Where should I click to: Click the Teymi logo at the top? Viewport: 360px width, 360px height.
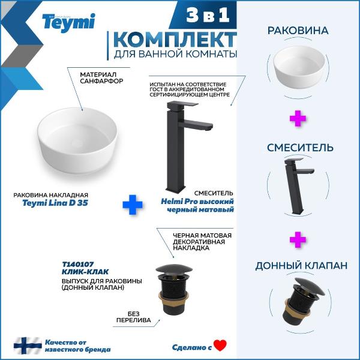pyautogui.click(x=68, y=23)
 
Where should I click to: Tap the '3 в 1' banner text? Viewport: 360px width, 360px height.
pyautogui.click(x=208, y=15)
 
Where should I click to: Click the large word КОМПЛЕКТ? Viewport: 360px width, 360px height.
pyautogui.click(x=175, y=40)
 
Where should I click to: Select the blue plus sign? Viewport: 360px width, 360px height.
pyautogui.click(x=133, y=205)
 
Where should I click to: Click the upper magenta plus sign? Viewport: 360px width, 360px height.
pyautogui.click(x=298, y=118)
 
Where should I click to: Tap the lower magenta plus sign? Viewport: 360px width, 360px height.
pyautogui.click(x=298, y=239)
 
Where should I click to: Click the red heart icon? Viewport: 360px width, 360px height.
pyautogui.click(x=220, y=346)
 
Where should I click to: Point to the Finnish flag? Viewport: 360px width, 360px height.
pyautogui.click(x=28, y=346)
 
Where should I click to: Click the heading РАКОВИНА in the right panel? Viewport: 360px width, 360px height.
pyautogui.click(x=298, y=31)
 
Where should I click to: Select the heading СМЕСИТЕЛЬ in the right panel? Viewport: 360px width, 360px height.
pyautogui.click(x=300, y=148)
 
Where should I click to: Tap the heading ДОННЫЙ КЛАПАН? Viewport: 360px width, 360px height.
pyautogui.click(x=301, y=266)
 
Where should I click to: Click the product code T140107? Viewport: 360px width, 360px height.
pyautogui.click(x=78, y=265)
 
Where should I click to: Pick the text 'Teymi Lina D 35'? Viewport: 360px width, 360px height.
pyautogui.click(x=55, y=203)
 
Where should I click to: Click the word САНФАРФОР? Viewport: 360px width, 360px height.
pyautogui.click(x=101, y=81)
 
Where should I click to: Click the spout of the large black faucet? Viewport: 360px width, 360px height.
pyautogui.click(x=197, y=125)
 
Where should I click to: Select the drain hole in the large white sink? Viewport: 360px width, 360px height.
pyautogui.click(x=77, y=143)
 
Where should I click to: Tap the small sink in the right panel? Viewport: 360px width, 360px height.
pyautogui.click(x=299, y=67)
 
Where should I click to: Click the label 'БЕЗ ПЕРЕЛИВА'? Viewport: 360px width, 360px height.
pyautogui.click(x=134, y=317)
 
